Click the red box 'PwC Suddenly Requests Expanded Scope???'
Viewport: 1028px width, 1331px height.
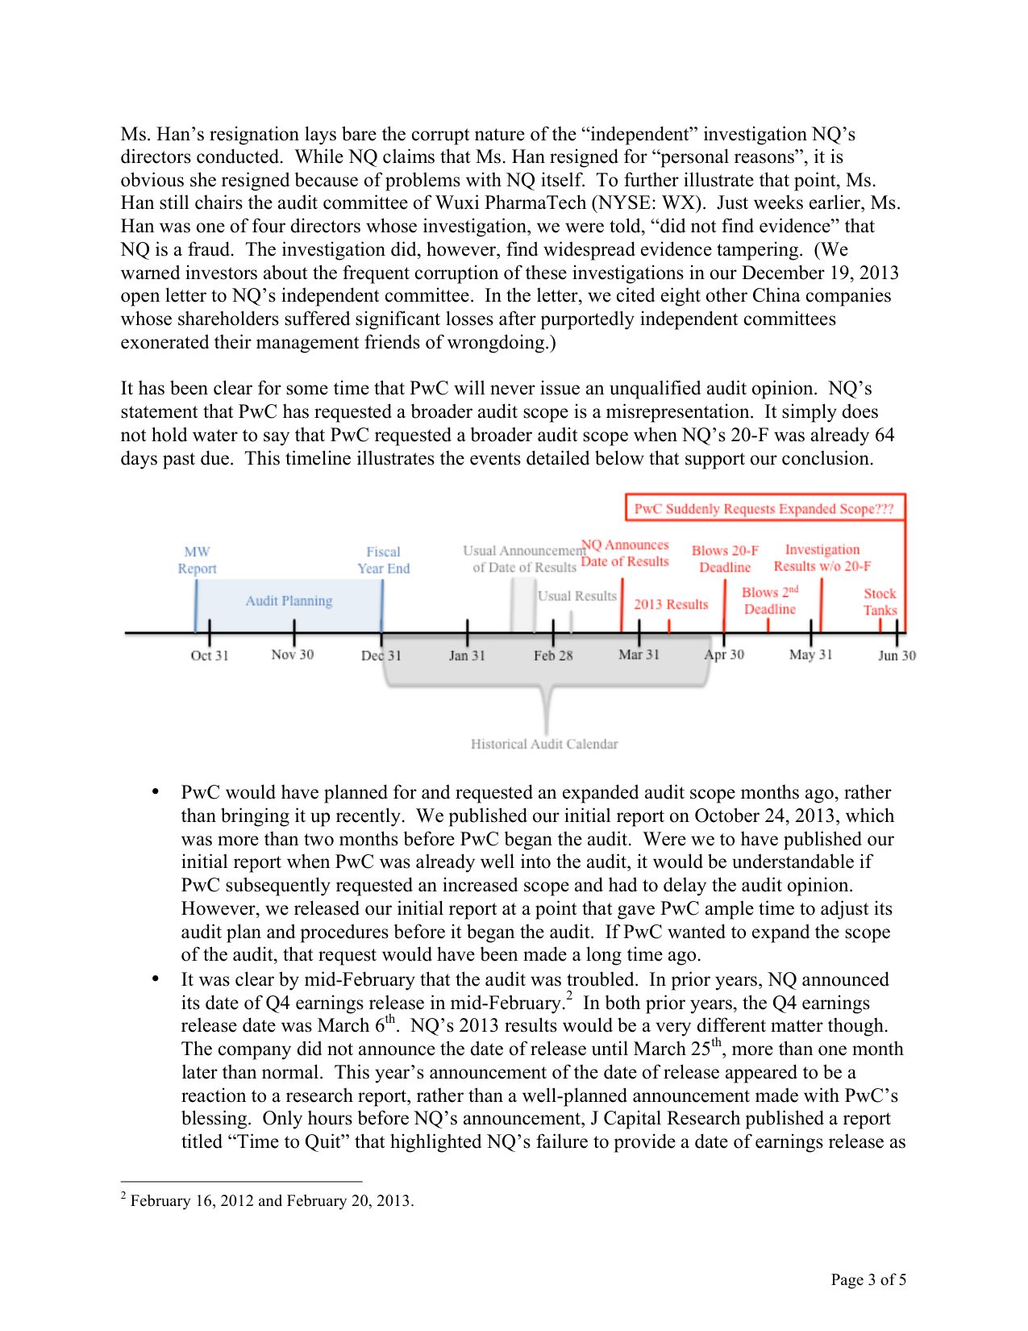point(764,509)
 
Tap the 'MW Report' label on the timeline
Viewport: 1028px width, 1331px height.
point(197,560)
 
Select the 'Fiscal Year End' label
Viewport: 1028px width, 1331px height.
point(384,560)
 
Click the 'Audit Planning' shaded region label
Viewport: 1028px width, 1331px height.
point(289,601)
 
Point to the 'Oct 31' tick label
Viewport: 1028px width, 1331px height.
point(210,656)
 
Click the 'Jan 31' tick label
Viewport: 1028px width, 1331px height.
point(467,656)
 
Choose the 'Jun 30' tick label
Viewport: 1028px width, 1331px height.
point(897,656)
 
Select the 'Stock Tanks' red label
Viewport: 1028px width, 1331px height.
point(880,602)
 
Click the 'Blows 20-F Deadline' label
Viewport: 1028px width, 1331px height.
point(725,559)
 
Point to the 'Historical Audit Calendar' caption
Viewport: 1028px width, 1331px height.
point(544,744)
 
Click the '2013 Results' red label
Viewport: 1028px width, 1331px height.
point(671,604)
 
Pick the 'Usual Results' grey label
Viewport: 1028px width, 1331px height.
point(576,596)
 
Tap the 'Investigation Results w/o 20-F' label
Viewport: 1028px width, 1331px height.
point(822,558)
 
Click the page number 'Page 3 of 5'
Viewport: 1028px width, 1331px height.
point(868,1279)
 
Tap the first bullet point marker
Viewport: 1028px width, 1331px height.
point(156,792)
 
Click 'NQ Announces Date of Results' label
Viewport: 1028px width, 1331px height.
point(625,553)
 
